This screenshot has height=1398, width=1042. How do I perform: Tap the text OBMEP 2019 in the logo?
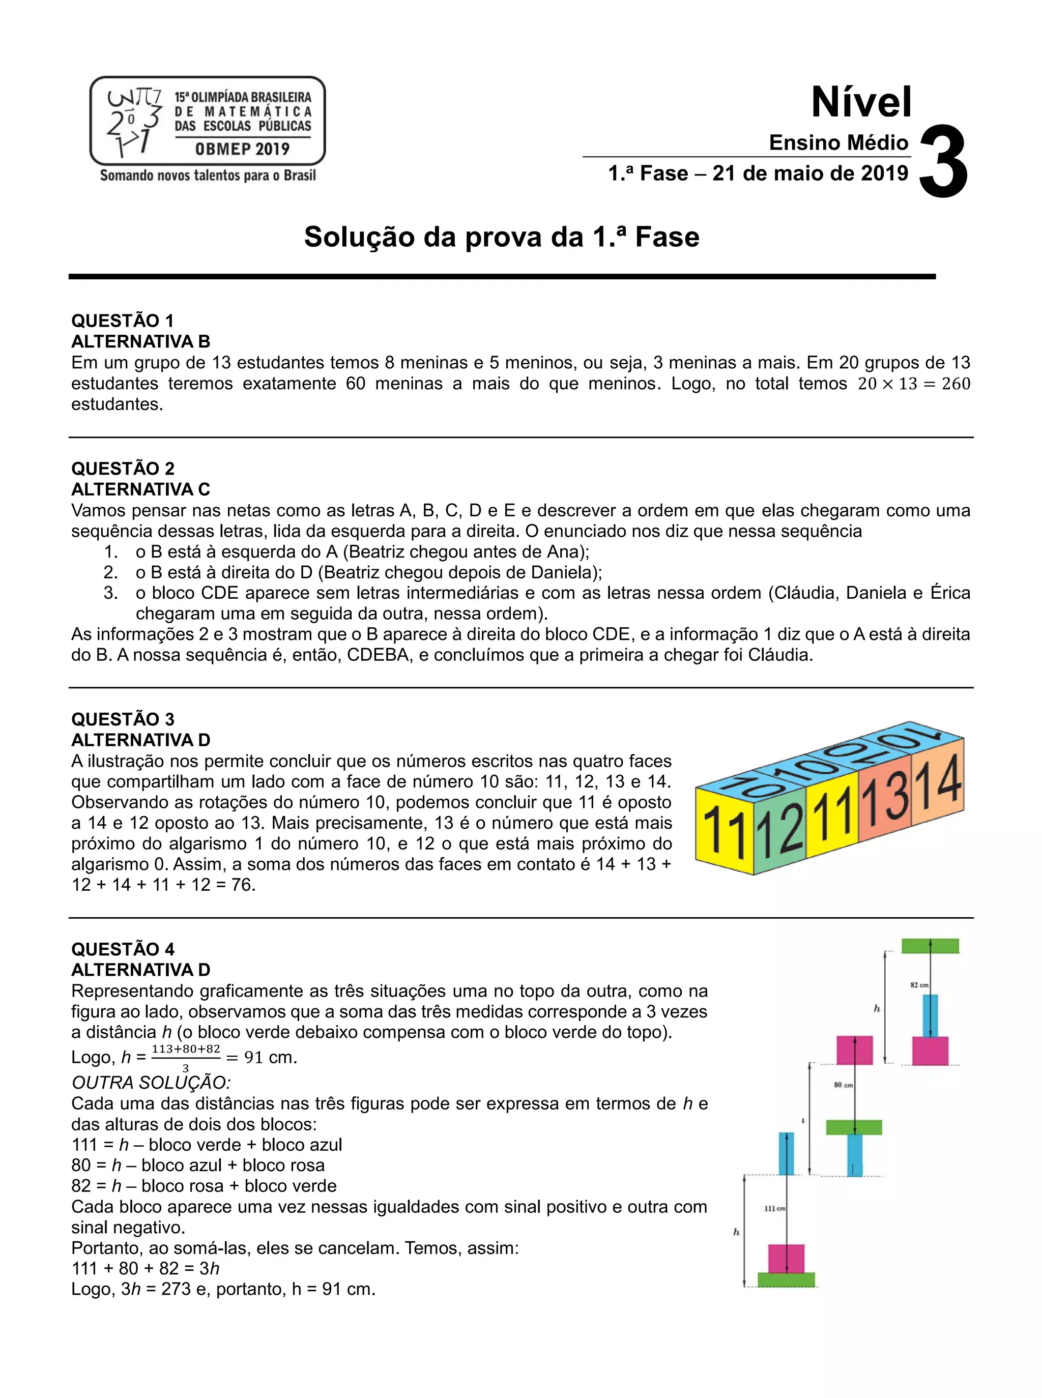pyautogui.click(x=242, y=150)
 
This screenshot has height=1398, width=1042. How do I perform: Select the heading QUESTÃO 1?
pyautogui.click(x=123, y=321)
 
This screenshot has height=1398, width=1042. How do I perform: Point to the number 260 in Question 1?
pyautogui.click(x=956, y=384)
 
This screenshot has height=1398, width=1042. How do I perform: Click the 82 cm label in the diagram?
pyautogui.click(x=919, y=985)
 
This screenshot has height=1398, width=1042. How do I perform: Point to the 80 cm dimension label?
pyautogui.click(x=843, y=1085)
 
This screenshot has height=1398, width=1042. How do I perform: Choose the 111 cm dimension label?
pyautogui.click(x=774, y=1208)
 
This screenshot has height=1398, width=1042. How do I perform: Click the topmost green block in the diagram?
pyautogui.click(x=930, y=946)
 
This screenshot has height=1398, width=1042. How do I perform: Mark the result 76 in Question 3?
pyautogui.click(x=243, y=885)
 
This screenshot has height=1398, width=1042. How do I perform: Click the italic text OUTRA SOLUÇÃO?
pyautogui.click(x=152, y=1083)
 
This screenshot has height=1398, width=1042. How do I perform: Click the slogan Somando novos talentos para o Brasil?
pyautogui.click(x=208, y=176)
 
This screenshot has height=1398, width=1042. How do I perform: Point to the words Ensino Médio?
pyautogui.click(x=838, y=142)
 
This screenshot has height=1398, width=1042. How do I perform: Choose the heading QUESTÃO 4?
pyautogui.click(x=123, y=949)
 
